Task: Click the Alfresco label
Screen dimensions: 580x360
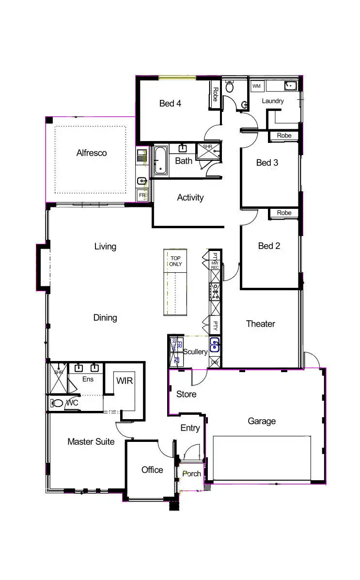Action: point(92,153)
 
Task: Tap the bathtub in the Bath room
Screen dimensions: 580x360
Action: point(161,160)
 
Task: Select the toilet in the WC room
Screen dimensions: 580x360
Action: point(58,403)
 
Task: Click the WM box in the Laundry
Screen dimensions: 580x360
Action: point(256,86)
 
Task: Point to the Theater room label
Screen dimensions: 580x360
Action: point(260,324)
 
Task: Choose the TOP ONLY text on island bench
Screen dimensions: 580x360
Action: point(175,261)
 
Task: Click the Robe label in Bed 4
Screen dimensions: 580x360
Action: point(215,94)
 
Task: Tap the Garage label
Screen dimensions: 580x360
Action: point(262,421)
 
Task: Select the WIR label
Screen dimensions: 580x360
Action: point(124,380)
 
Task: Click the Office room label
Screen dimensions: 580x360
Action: point(152,470)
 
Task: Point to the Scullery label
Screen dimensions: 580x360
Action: point(195,352)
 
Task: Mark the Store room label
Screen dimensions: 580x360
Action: point(186,394)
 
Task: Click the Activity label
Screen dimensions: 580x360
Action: point(190,197)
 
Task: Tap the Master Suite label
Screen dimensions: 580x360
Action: point(91,441)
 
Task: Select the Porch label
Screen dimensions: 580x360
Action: point(191,473)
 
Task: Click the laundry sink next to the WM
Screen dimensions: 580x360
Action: point(290,86)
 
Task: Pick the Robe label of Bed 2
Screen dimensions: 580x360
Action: point(284,213)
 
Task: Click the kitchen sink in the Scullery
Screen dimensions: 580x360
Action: point(215,345)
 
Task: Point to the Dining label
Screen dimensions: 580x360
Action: point(105,318)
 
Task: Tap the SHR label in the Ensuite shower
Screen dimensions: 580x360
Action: point(59,373)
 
